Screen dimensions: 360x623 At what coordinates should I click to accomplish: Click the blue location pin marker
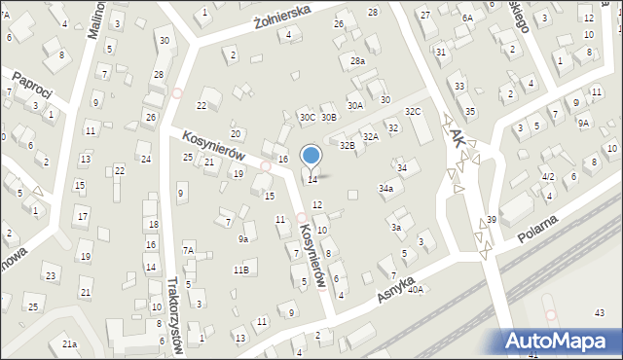pyautogui.click(x=311, y=156)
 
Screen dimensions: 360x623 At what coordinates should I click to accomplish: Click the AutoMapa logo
pyautogui.click(x=561, y=341)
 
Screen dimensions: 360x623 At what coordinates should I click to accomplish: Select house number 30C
pyautogui.click(x=307, y=117)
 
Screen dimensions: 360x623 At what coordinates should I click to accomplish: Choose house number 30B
pyautogui.click(x=329, y=117)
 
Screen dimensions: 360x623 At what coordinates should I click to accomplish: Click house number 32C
pyautogui.click(x=413, y=112)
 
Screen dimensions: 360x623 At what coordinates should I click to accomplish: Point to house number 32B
pyautogui.click(x=347, y=145)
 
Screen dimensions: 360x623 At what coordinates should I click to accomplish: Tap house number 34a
pyautogui.click(x=385, y=188)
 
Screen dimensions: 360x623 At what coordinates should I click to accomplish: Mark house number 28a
pyautogui.click(x=358, y=60)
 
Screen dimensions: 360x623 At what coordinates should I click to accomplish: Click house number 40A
pyautogui.click(x=416, y=289)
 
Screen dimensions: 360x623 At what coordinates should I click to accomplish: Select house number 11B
pyautogui.click(x=240, y=270)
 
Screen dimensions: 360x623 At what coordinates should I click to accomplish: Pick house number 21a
pyautogui.click(x=69, y=343)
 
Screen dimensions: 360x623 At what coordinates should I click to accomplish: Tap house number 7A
pyautogui.click(x=189, y=250)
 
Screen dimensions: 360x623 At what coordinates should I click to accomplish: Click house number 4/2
pyautogui.click(x=548, y=176)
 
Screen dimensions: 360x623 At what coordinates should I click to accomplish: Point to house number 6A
pyautogui.click(x=467, y=18)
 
